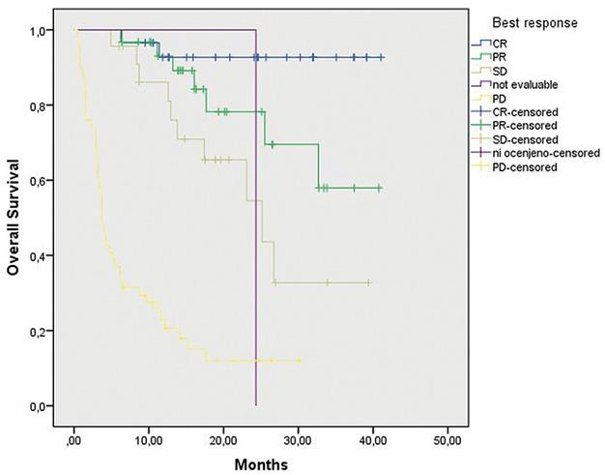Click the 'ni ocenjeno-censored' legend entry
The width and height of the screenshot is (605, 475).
coord(547,153)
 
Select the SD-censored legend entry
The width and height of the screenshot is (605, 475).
coord(528,139)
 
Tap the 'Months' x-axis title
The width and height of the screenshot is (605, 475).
coord(261,463)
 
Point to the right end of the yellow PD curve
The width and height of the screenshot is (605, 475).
coord(302,361)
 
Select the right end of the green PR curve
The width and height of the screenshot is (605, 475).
coord(382,188)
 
